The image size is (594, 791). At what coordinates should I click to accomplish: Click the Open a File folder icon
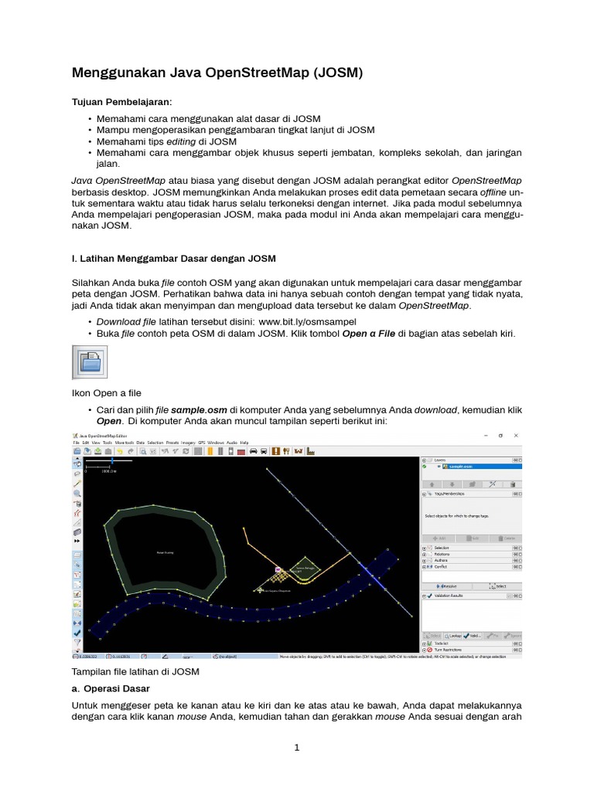tap(90, 362)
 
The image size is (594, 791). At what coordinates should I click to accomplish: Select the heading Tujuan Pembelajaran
tap(122, 102)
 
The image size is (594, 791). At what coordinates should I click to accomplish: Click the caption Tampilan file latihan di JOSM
tap(135, 672)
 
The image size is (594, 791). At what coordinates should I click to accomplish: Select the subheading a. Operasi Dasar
tap(111, 688)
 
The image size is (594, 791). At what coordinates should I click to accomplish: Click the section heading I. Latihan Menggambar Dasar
tap(173, 258)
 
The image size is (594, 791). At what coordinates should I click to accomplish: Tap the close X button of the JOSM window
tap(516, 436)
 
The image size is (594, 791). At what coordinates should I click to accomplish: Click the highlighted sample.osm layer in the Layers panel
tap(456, 467)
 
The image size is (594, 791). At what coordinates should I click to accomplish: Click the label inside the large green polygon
tap(165, 552)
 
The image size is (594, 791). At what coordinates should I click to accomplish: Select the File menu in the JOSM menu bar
tap(77, 443)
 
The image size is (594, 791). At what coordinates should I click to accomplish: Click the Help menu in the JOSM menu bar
tap(244, 443)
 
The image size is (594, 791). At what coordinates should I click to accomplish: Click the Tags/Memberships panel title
tap(450, 493)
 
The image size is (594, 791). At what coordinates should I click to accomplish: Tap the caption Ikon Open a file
tap(107, 393)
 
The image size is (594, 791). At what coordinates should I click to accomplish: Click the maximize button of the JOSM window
tap(500, 436)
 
